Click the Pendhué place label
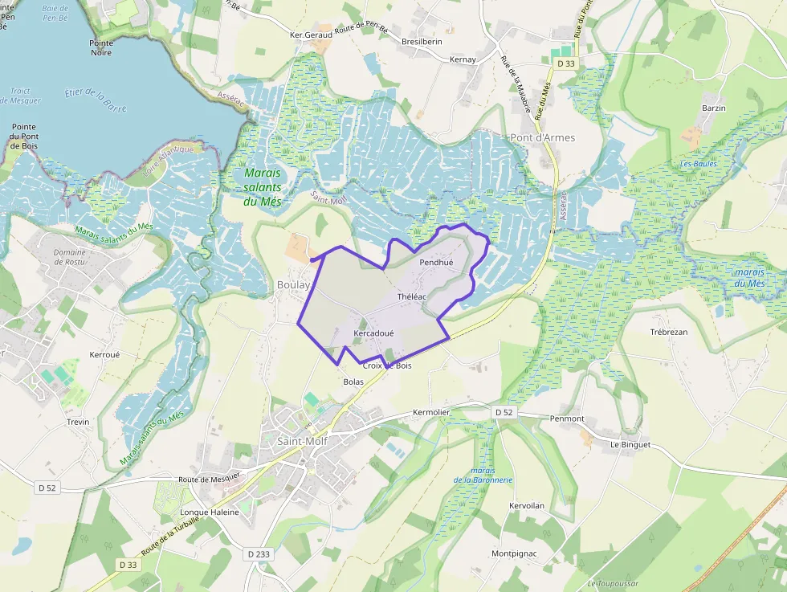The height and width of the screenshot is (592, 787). click(x=436, y=263)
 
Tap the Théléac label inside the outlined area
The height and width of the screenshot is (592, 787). click(x=411, y=296)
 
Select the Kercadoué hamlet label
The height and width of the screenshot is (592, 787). click(x=373, y=333)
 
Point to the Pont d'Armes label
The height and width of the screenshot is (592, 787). click(x=543, y=137)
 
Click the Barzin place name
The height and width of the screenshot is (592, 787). click(x=713, y=108)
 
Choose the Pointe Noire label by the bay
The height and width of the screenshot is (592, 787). click(x=101, y=47)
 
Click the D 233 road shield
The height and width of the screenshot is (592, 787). click(x=259, y=553)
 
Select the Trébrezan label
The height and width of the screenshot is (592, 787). click(x=669, y=332)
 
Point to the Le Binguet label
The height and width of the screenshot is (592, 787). click(x=630, y=444)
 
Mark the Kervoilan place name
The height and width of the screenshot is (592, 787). click(x=527, y=505)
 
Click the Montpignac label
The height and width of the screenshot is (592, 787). click(x=514, y=553)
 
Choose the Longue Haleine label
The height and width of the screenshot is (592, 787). click(x=210, y=512)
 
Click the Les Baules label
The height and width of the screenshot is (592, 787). click(x=699, y=164)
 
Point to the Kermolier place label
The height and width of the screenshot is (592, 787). click(x=431, y=412)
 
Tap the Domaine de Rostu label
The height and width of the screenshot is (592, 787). click(x=70, y=257)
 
